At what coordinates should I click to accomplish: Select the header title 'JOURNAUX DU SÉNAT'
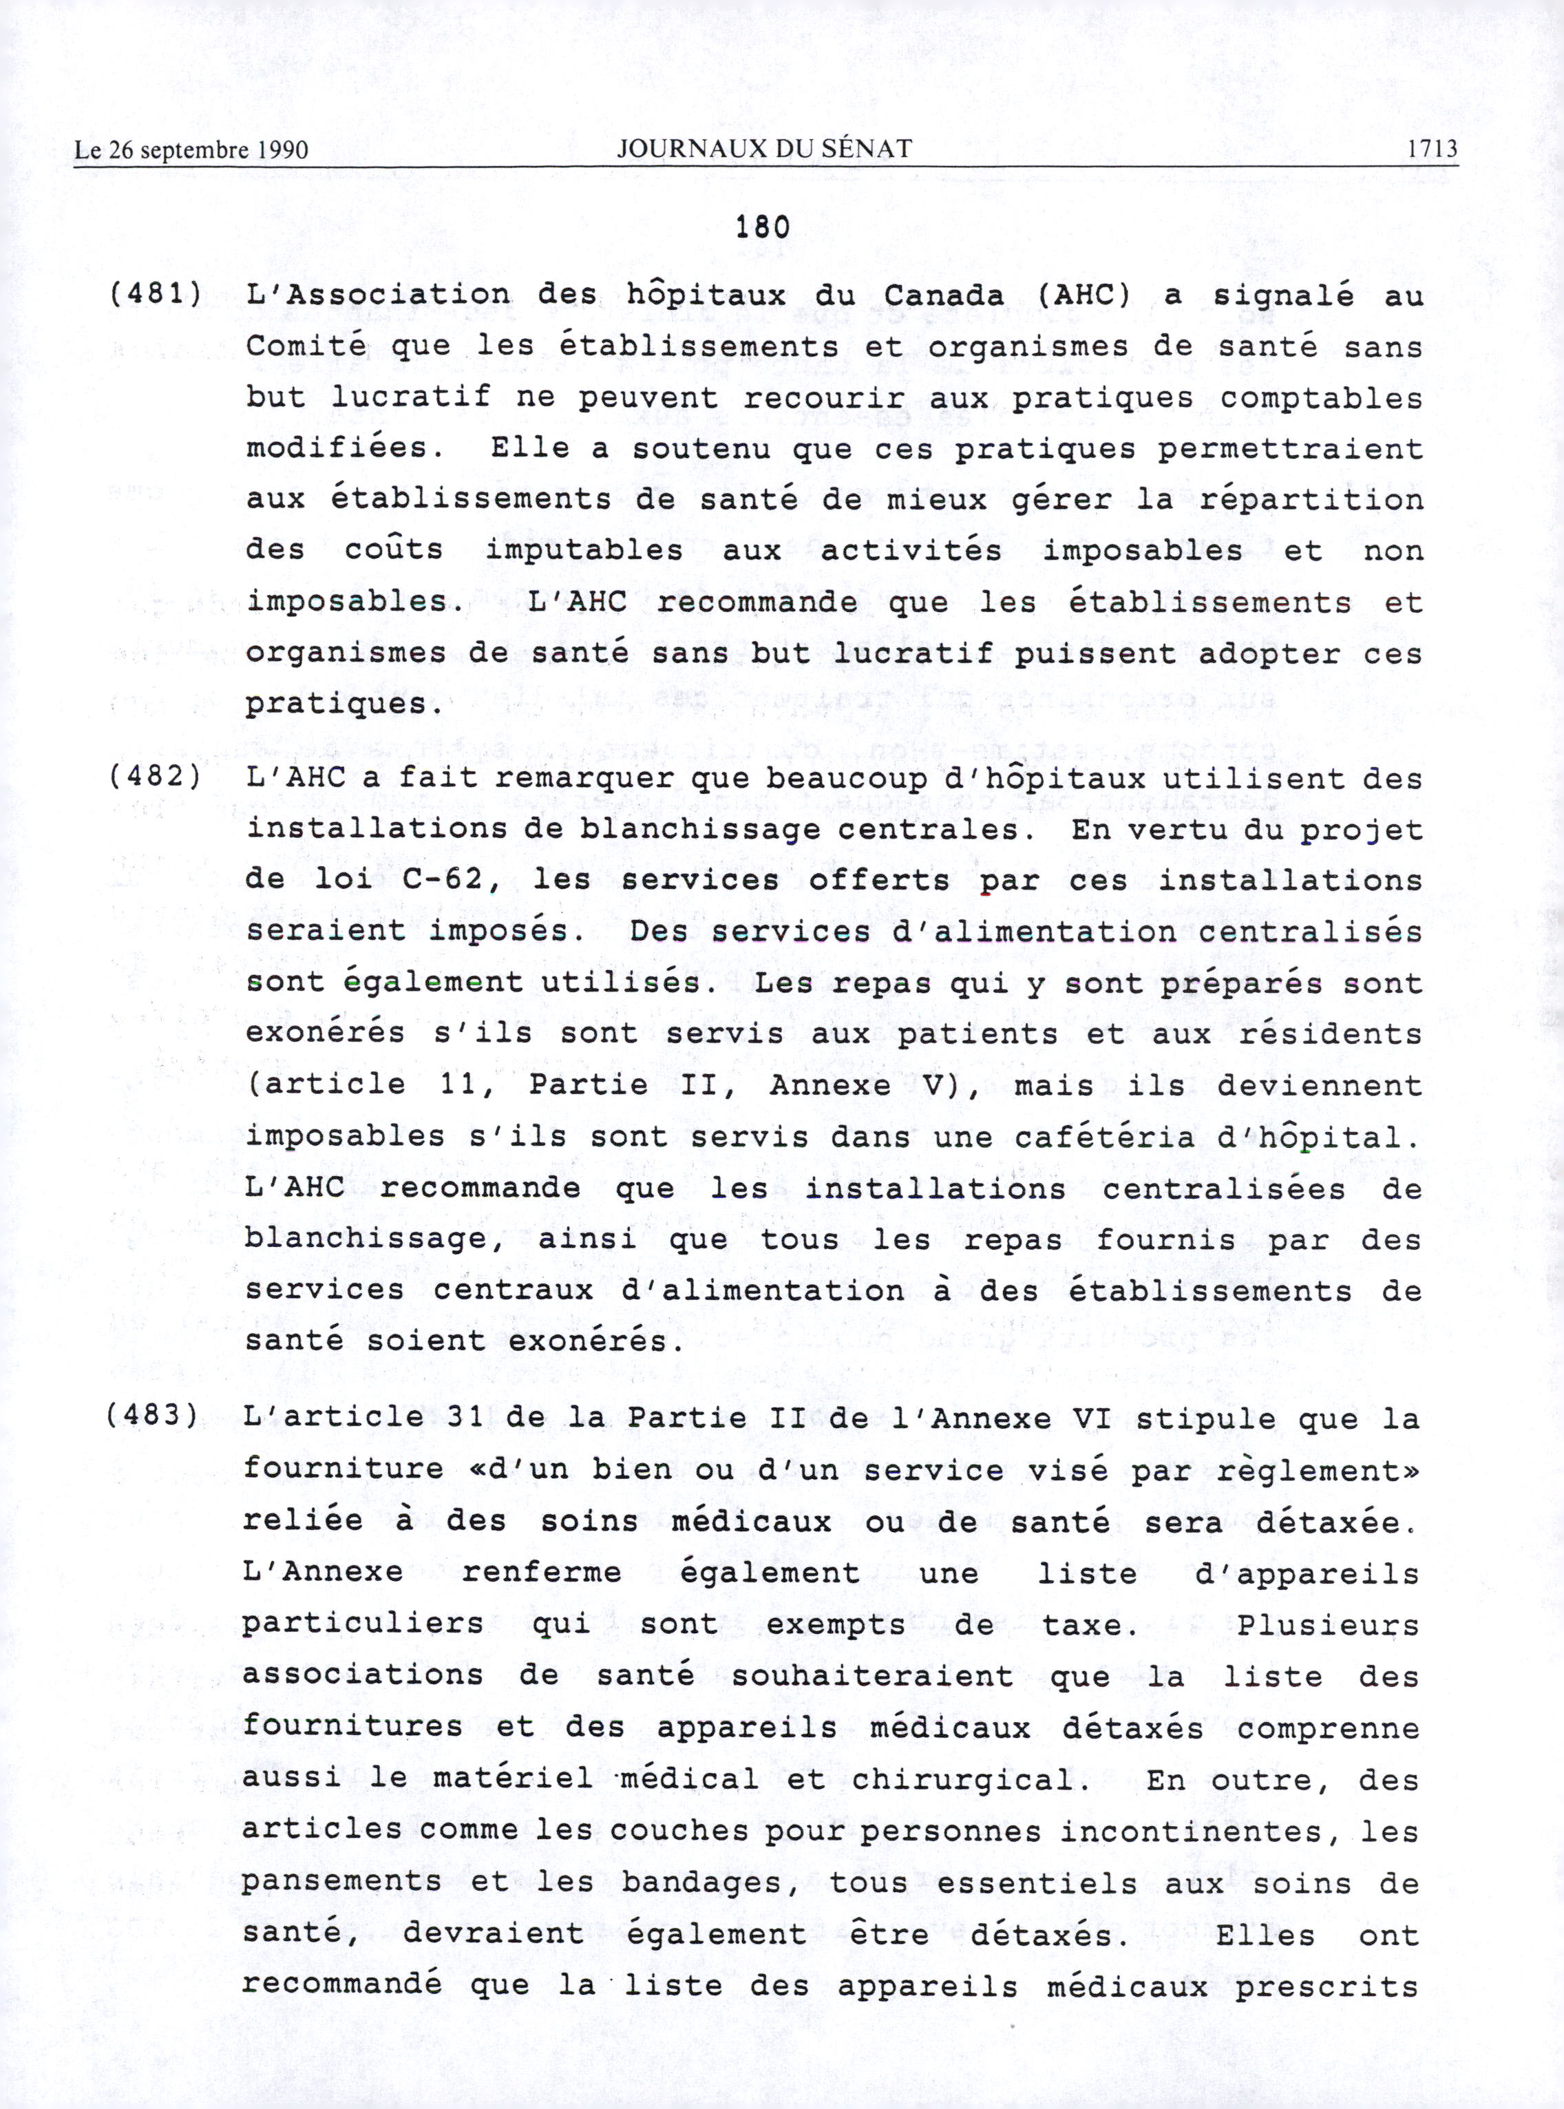click(764, 149)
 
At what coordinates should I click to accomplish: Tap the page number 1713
click(1431, 149)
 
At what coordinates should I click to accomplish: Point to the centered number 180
click(762, 228)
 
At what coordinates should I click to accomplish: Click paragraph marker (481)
click(156, 295)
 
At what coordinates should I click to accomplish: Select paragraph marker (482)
click(156, 779)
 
